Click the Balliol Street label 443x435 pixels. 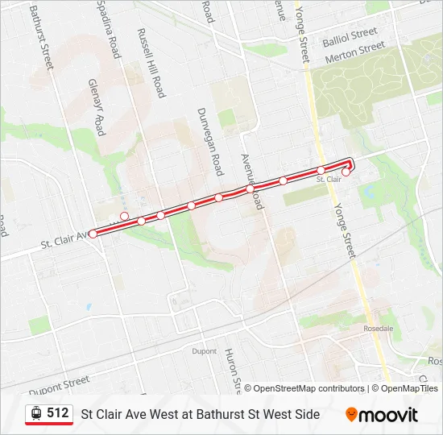(350, 35)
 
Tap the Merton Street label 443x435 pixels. (355, 54)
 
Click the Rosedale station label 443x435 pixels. (378, 329)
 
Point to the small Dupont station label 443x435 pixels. (205, 351)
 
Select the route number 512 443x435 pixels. (58, 413)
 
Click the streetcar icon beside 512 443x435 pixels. (36, 414)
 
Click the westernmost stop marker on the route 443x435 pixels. (93, 234)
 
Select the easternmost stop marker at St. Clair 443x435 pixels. (346, 172)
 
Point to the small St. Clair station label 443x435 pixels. (329, 180)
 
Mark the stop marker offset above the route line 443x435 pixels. (125, 216)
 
